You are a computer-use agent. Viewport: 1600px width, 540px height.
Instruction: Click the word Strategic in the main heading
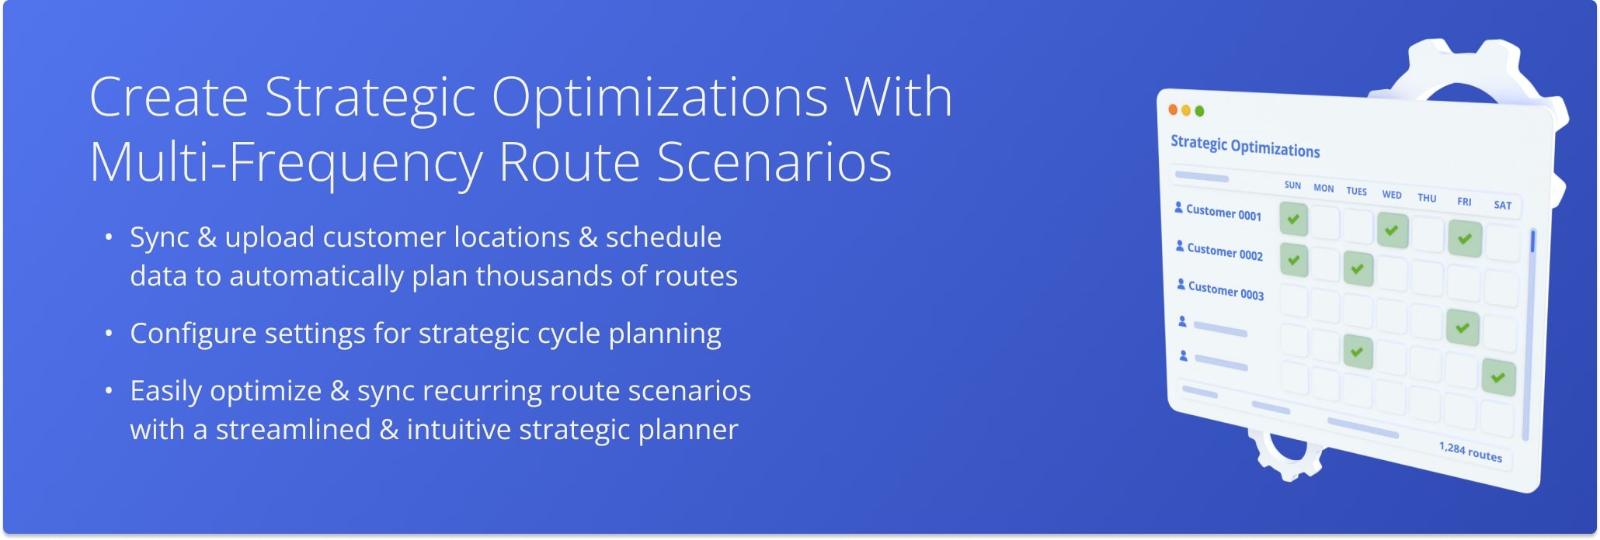(x=370, y=98)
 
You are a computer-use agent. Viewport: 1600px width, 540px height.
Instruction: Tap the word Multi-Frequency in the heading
(x=286, y=163)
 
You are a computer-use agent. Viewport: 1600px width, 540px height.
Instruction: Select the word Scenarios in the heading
(x=774, y=163)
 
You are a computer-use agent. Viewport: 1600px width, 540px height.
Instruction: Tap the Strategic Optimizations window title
(x=1244, y=146)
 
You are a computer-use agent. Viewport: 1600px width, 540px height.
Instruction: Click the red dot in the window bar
(x=1173, y=109)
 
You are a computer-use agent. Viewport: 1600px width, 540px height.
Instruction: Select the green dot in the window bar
(x=1199, y=111)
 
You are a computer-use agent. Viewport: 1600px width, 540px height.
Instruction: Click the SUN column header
(x=1292, y=185)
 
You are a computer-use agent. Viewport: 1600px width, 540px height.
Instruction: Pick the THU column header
(x=1427, y=198)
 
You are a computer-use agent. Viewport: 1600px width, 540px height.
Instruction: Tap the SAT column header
(x=1502, y=206)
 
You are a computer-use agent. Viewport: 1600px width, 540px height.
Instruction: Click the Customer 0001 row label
(x=1223, y=213)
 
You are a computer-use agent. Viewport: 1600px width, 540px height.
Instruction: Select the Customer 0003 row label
(x=1226, y=291)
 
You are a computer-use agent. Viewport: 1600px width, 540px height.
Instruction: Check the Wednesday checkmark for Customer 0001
(x=1392, y=230)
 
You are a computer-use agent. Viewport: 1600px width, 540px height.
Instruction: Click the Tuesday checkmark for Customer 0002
(x=1358, y=269)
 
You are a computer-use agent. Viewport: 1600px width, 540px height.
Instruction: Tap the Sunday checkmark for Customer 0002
(x=1293, y=260)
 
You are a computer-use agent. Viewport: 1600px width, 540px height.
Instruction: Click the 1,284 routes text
(x=1470, y=452)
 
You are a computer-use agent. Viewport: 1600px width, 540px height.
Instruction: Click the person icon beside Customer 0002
(x=1180, y=247)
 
